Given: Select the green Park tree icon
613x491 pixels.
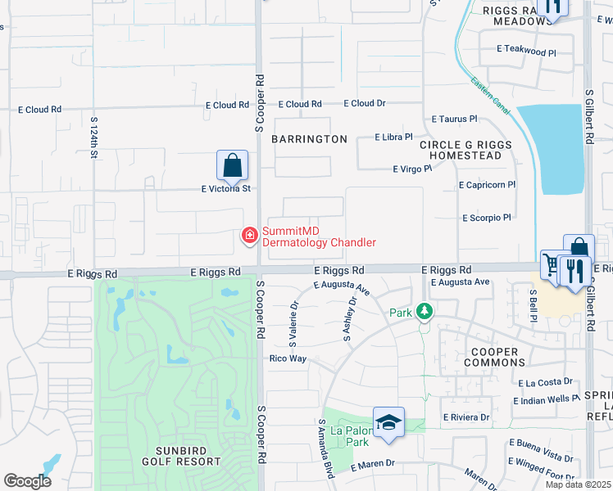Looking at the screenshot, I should click(424, 312).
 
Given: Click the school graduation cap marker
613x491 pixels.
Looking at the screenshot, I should click(388, 422).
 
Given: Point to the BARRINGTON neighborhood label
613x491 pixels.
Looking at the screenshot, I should click(310, 139).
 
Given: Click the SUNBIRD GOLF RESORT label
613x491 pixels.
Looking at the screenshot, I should click(177, 456).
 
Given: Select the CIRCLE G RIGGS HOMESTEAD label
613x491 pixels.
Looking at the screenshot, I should click(465, 150).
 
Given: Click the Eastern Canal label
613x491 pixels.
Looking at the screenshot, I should click(491, 96).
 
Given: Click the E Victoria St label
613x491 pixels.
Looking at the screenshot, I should click(225, 188).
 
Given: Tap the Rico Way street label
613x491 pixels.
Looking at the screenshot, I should click(288, 358).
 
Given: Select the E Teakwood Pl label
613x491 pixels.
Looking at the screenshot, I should click(526, 51).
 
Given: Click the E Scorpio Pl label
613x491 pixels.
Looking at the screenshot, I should click(486, 218).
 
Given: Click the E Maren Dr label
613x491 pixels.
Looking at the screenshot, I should click(373, 464).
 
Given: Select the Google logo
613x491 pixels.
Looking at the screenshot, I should click(27, 481).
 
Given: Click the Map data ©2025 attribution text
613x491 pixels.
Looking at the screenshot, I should click(578, 484).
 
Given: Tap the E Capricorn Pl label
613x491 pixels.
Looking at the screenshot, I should click(487, 185).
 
